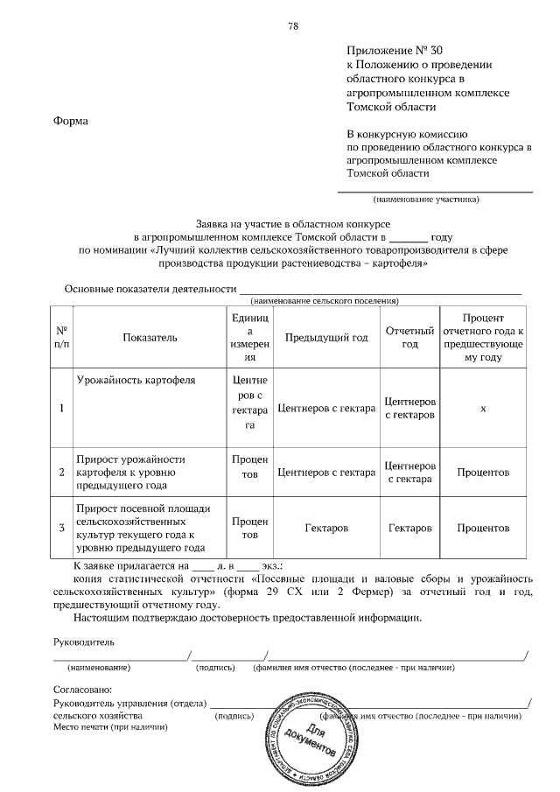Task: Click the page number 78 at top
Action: pyautogui.click(x=293, y=25)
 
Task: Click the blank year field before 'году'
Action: pyautogui.click(x=407, y=236)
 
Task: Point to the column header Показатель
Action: pyautogui.click(x=150, y=337)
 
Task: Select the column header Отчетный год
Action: pyautogui.click(x=410, y=337)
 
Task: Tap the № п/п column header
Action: pyautogui.click(x=61, y=337)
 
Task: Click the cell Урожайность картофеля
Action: pyautogui.click(x=136, y=381)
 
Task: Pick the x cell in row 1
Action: pyautogui.click(x=483, y=408)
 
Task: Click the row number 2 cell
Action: pyautogui.click(x=61, y=473)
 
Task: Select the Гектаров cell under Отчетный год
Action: pyautogui.click(x=410, y=529)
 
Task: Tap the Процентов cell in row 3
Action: pyautogui.click(x=483, y=529)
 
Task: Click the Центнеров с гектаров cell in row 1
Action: pyautogui.click(x=410, y=408)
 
